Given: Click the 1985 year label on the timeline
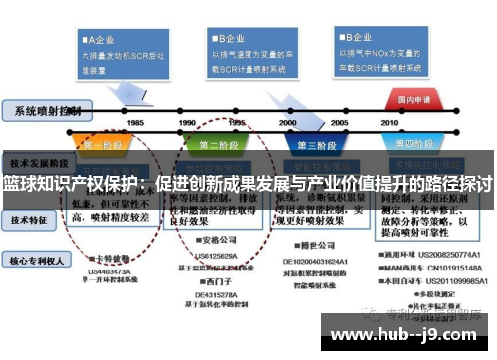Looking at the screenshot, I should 135,122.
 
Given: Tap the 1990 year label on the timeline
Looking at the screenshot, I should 186,122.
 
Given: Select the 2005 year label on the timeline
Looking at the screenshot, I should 340,122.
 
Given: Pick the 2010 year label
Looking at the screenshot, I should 407,122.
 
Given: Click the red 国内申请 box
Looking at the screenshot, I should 413,100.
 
